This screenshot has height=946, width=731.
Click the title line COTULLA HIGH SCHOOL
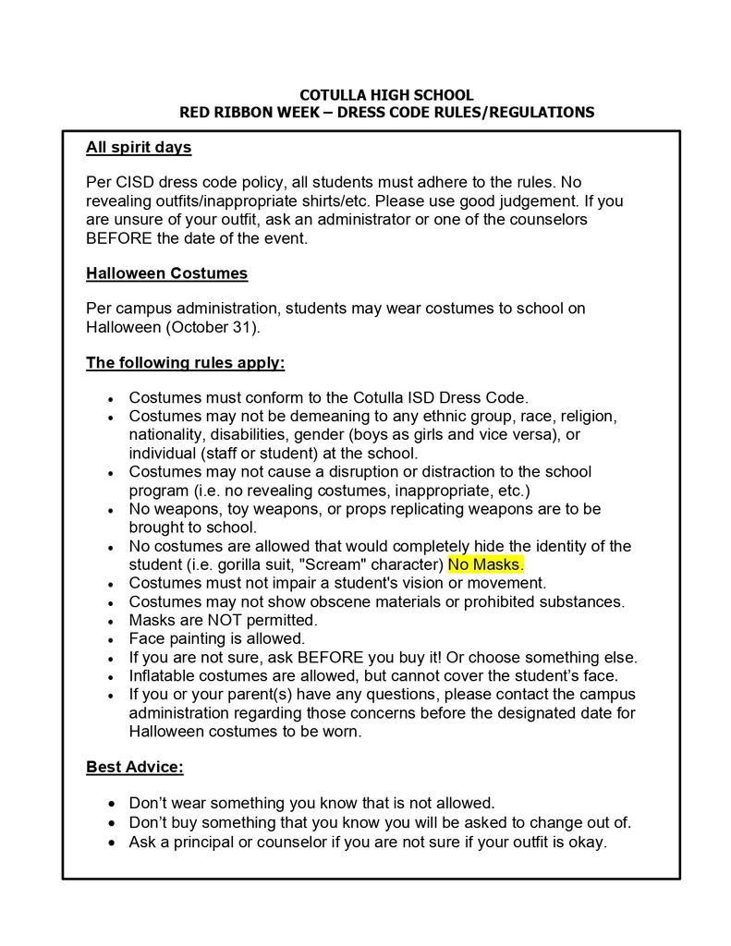click(386, 95)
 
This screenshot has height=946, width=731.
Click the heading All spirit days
click(139, 148)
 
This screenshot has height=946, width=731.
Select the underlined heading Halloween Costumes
click(166, 273)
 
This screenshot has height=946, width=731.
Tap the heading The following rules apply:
click(185, 363)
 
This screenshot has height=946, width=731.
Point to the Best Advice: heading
click(135, 767)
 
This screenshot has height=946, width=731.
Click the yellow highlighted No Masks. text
click(485, 564)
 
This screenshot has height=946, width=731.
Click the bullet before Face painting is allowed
click(111, 639)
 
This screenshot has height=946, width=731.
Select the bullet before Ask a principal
click(111, 843)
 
